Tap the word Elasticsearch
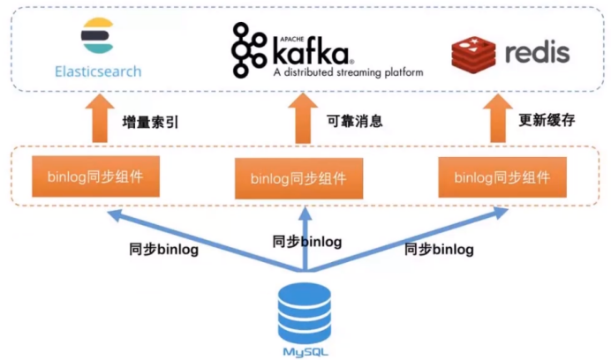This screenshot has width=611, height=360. coord(96,71)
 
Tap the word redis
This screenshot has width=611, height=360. coord(538,52)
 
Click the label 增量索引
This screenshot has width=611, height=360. coord(150,122)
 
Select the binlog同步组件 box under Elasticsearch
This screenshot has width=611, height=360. coord(97,176)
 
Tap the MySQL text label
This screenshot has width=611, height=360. coord(304,352)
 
